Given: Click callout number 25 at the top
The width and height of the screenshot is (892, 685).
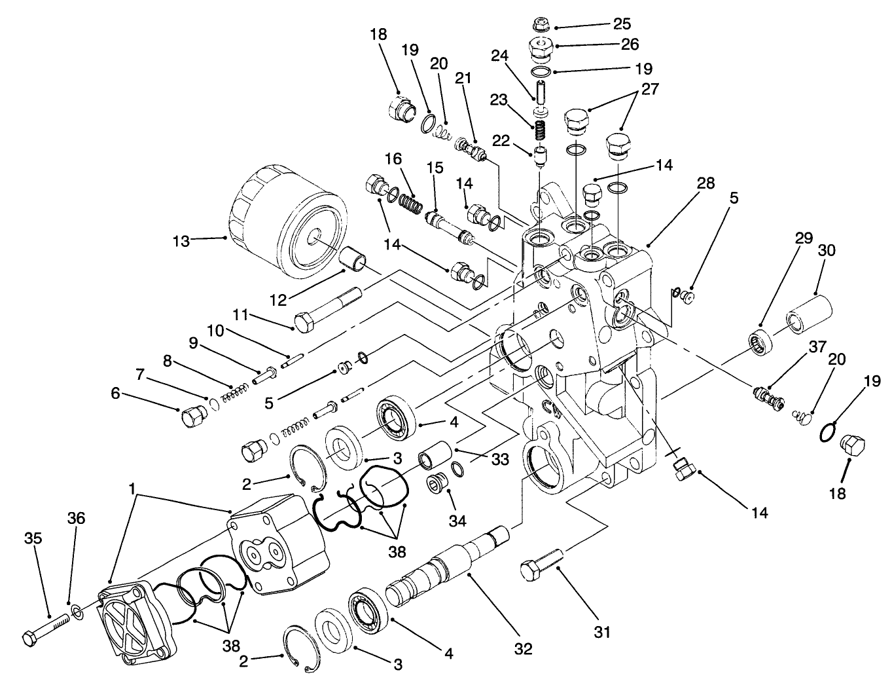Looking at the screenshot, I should coord(621,24).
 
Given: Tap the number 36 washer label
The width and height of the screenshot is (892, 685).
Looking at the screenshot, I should coord(75,518).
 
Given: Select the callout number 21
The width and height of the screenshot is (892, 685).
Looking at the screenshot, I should coord(463,79).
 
